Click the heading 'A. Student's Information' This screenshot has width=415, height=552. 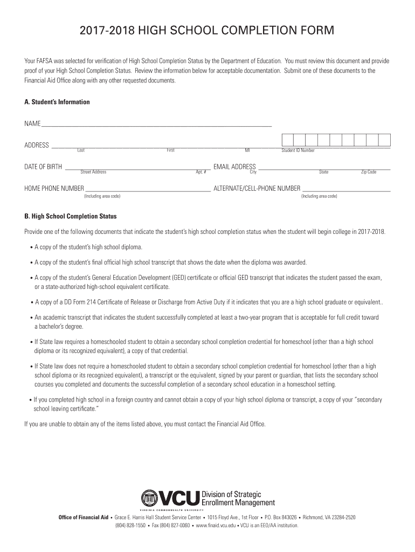[x=57, y=102]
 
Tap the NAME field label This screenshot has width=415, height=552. [x=32, y=124]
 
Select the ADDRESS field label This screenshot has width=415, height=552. [x=37, y=145]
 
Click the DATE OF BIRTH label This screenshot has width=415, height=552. [x=43, y=167]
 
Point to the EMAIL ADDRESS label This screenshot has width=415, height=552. [x=234, y=167]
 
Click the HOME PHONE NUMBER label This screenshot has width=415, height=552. [x=54, y=189]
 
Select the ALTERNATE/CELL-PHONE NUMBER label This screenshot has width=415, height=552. [x=257, y=189]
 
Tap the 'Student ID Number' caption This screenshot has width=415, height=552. [x=298, y=150]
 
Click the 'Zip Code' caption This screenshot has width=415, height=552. [x=369, y=172]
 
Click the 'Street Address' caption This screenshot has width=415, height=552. [x=93, y=172]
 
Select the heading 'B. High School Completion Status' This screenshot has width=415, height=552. [x=70, y=216]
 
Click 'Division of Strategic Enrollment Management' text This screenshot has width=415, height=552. [x=238, y=498]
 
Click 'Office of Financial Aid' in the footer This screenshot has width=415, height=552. [x=84, y=517]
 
